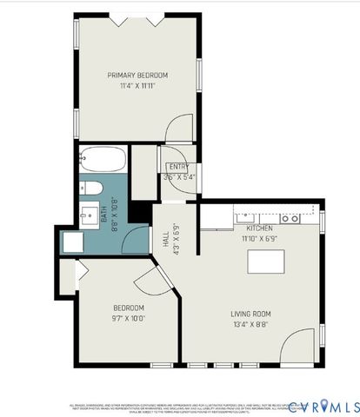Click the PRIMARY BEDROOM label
coord(137,76)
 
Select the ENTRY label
coord(178,167)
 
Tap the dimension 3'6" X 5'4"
coord(178,177)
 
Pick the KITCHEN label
coord(259,228)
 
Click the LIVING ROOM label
coord(250,314)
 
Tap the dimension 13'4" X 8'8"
coord(250,324)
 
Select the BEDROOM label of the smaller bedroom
coord(128,308)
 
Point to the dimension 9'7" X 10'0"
coord(128,319)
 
